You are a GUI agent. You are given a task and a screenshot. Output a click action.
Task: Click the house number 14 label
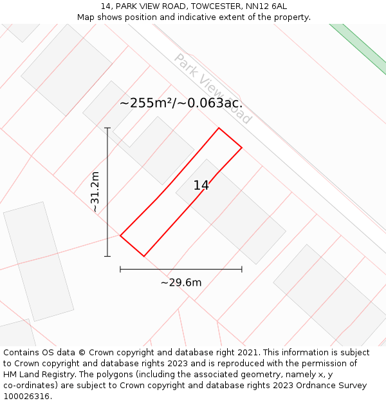[201, 186]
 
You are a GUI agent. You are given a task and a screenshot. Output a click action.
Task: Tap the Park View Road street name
[213, 88]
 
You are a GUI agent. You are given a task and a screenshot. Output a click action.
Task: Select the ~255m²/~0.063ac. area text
[181, 103]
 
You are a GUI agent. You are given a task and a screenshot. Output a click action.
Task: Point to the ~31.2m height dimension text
[95, 192]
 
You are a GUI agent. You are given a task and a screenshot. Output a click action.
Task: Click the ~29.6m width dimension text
[181, 282]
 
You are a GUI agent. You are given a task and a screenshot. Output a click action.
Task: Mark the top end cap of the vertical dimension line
[107, 128]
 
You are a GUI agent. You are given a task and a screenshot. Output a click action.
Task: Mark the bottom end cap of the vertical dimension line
[107, 256]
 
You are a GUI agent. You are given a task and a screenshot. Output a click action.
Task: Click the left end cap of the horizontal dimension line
[120, 269]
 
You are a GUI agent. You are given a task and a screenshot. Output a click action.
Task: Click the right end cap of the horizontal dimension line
[242, 269]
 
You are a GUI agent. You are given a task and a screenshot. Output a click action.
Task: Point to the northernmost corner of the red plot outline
[219, 128]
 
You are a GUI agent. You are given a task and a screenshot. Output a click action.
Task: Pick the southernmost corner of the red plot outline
[143, 256]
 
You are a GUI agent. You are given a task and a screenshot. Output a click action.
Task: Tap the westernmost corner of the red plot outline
[120, 235]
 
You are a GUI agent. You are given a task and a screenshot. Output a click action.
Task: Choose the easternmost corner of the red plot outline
[242, 148]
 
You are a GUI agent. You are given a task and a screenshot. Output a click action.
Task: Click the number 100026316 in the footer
[27, 396]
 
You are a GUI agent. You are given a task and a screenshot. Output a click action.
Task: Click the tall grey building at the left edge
[38, 261]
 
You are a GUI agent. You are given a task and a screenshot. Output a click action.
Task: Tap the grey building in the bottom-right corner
[329, 293]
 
